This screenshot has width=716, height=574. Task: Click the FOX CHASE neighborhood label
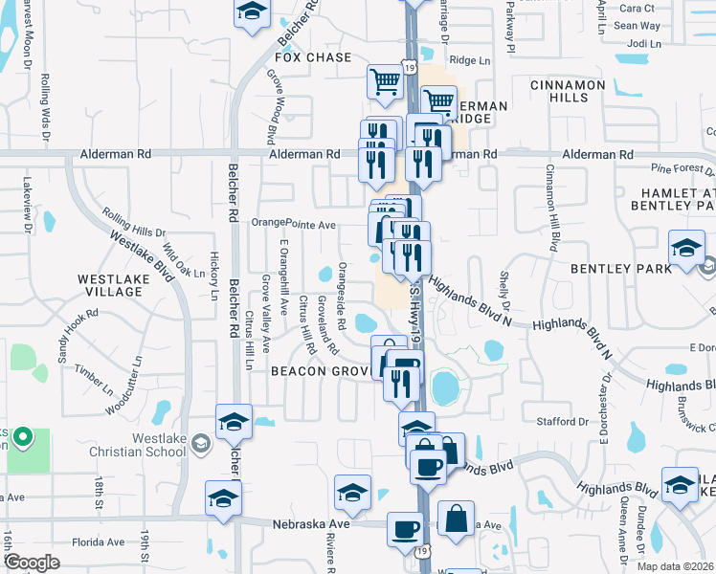point(314,57)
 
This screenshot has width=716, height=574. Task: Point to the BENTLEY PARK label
point(621,269)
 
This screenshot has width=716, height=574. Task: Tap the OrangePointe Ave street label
point(294,224)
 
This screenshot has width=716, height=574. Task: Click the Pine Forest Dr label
point(682,168)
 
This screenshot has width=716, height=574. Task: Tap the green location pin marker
point(24,439)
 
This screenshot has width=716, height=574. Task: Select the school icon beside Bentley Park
point(685,251)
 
